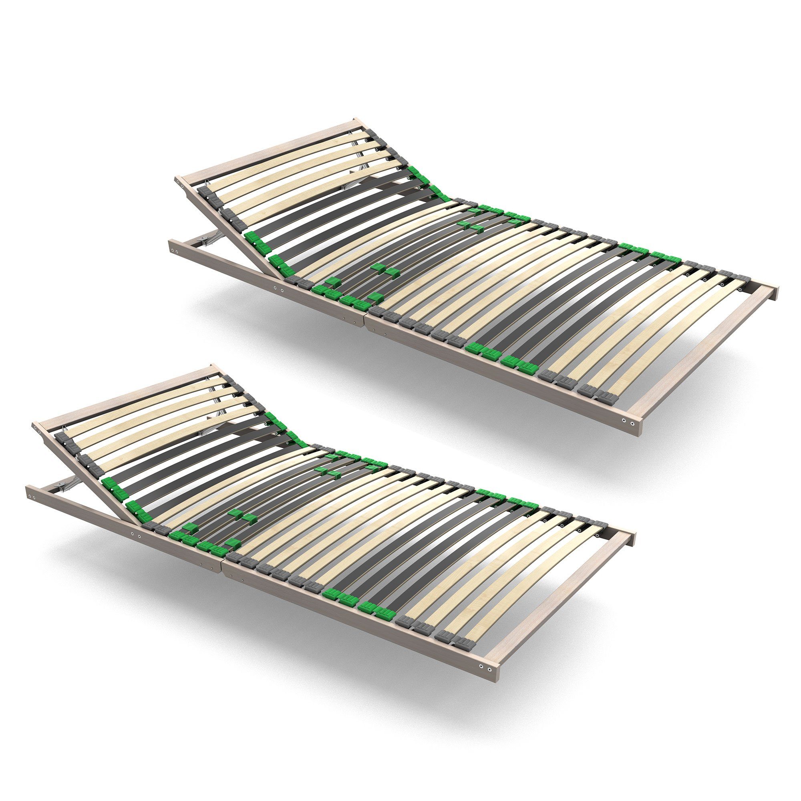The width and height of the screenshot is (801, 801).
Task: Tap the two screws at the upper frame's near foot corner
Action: pyautogui.click(x=628, y=422)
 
